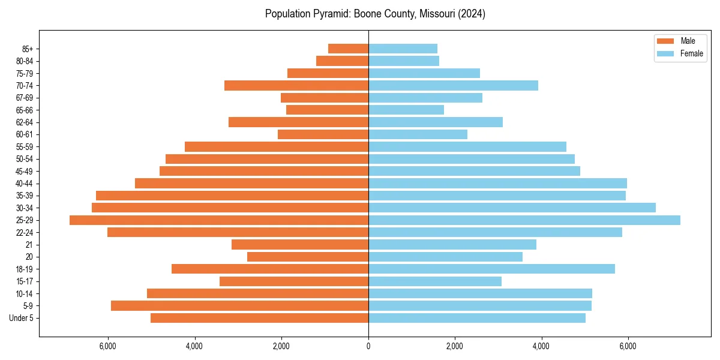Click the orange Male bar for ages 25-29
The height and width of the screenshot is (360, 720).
tap(219, 220)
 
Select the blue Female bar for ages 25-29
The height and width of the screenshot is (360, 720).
tap(524, 220)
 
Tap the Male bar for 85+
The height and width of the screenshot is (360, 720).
tap(348, 49)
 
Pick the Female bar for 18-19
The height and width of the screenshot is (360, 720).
tap(491, 269)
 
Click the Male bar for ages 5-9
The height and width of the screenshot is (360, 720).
tap(239, 306)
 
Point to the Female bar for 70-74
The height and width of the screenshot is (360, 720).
tap(453, 85)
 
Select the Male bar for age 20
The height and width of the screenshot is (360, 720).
tap(308, 257)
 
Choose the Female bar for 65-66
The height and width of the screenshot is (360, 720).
tap(406, 110)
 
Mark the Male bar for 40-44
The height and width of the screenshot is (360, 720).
tap(251, 183)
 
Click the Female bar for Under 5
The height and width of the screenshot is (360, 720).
tap(477, 318)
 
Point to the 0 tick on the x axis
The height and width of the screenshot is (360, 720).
tap(368, 347)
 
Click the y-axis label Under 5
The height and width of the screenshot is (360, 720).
tap(22, 318)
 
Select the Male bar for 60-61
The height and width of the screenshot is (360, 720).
tap(323, 134)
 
